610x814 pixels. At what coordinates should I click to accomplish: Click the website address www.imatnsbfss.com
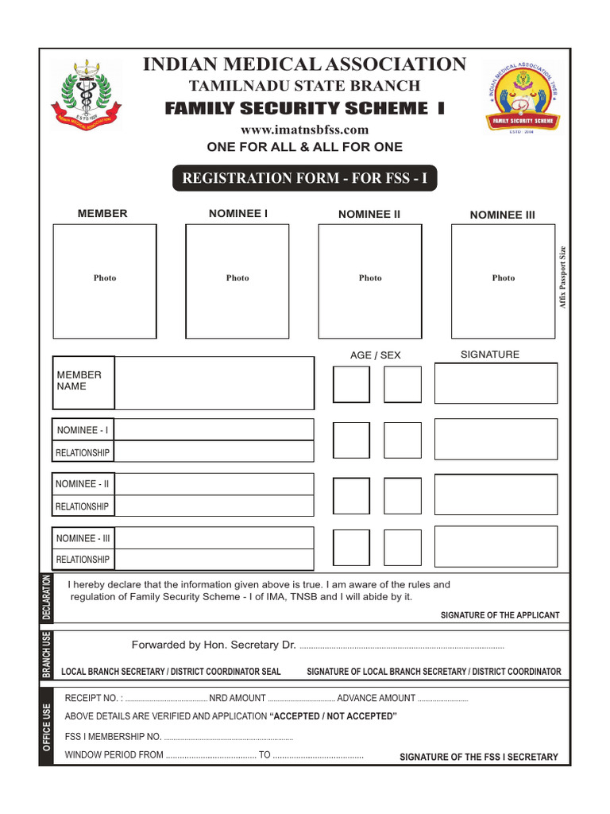(304, 130)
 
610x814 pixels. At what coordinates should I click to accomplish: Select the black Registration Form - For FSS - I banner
(304, 178)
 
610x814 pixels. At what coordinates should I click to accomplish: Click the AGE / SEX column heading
(376, 355)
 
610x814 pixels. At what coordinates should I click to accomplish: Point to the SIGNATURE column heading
(490, 355)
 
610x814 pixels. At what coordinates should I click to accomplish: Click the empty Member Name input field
(214, 383)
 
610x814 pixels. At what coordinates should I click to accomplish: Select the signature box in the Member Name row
(496, 383)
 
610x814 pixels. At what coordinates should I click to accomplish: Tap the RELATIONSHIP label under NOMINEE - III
(83, 560)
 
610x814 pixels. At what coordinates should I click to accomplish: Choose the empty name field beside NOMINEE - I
(214, 430)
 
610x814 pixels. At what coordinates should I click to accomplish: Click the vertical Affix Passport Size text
(563, 277)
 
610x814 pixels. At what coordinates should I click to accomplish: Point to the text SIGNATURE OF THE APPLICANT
(500, 615)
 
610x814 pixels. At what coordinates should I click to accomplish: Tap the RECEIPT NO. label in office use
(92, 698)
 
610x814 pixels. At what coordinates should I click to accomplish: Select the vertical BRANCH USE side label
(46, 655)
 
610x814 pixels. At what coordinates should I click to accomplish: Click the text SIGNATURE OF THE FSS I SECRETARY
(478, 757)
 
